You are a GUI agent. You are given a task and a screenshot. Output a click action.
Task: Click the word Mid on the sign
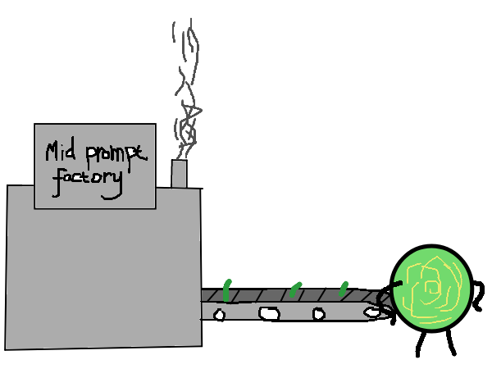(61, 151)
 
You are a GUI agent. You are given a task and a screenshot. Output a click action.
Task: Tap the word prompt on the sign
(116, 155)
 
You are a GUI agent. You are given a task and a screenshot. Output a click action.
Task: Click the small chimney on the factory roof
(179, 174)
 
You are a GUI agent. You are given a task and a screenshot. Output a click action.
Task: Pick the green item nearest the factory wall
(227, 290)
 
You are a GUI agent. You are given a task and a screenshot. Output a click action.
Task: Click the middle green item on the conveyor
(295, 289)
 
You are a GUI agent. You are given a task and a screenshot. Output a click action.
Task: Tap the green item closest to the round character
(344, 289)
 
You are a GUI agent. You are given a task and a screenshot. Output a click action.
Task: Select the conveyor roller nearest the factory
(219, 315)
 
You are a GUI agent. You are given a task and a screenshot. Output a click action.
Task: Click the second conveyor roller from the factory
(269, 313)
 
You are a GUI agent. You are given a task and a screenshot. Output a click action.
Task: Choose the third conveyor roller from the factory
(319, 314)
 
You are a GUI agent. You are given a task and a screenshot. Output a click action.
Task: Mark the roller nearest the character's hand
(372, 312)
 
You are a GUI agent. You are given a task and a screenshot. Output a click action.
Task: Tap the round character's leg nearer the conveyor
(421, 344)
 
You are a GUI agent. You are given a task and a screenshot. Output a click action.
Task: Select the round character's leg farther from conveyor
(451, 343)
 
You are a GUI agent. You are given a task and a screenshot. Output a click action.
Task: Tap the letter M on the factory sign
(52, 152)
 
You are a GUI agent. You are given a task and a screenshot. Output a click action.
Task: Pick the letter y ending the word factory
(114, 186)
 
